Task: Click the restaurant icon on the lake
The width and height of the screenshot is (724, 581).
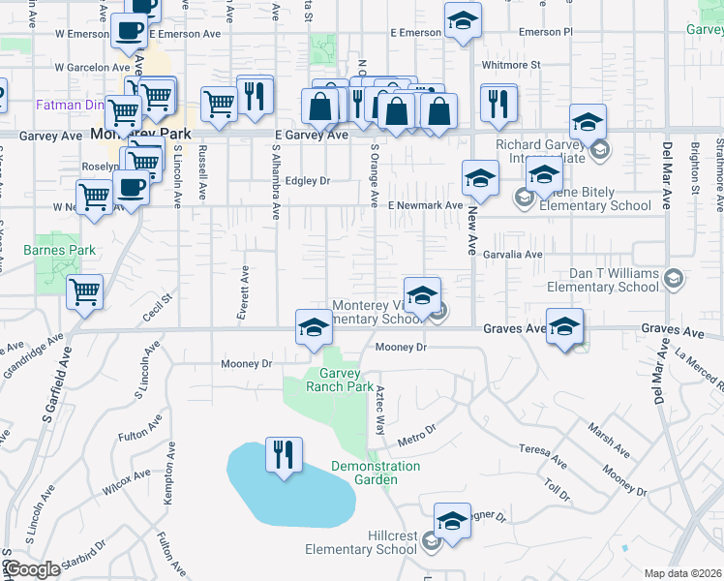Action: tap(284, 455)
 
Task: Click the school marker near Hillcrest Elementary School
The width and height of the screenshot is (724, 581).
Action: tap(452, 522)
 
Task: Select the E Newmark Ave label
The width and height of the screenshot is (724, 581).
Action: tap(425, 205)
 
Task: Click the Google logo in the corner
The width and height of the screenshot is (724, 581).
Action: tap(31, 569)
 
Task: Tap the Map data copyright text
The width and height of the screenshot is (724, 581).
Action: tap(683, 573)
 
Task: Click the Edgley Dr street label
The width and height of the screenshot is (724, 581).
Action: tap(308, 181)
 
